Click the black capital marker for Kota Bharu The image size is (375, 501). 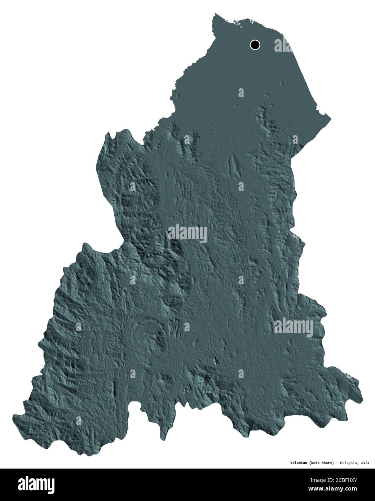pos(255,45)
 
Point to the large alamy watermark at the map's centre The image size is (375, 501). pos(187,233)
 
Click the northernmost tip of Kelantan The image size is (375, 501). pos(215,14)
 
